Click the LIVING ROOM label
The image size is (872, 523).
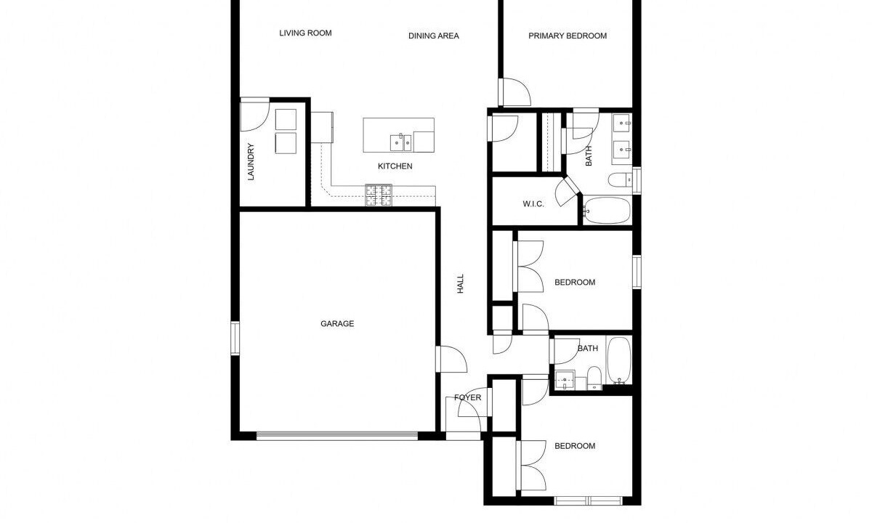tap(306, 33)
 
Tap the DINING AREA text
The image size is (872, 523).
tap(434, 36)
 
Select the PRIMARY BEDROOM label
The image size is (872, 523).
tap(568, 36)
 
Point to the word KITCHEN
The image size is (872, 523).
tap(395, 166)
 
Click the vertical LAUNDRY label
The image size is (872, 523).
tap(251, 162)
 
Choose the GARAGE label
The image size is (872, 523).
tap(337, 323)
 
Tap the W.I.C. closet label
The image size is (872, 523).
tap(533, 204)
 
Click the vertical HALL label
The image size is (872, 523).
tap(461, 284)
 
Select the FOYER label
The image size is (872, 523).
tap(467, 397)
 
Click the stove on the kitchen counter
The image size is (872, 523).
tap(379, 195)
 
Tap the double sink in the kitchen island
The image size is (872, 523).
tap(401, 143)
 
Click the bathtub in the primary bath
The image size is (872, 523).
tap(607, 211)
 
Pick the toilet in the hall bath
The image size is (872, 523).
tap(594, 378)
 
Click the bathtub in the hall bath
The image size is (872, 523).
tap(619, 360)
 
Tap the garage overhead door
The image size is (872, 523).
tap(337, 436)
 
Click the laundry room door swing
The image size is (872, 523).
tap(255, 115)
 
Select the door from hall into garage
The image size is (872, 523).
tap(451, 359)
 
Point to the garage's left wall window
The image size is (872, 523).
tap(235, 338)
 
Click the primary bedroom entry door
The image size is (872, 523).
tap(514, 92)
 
